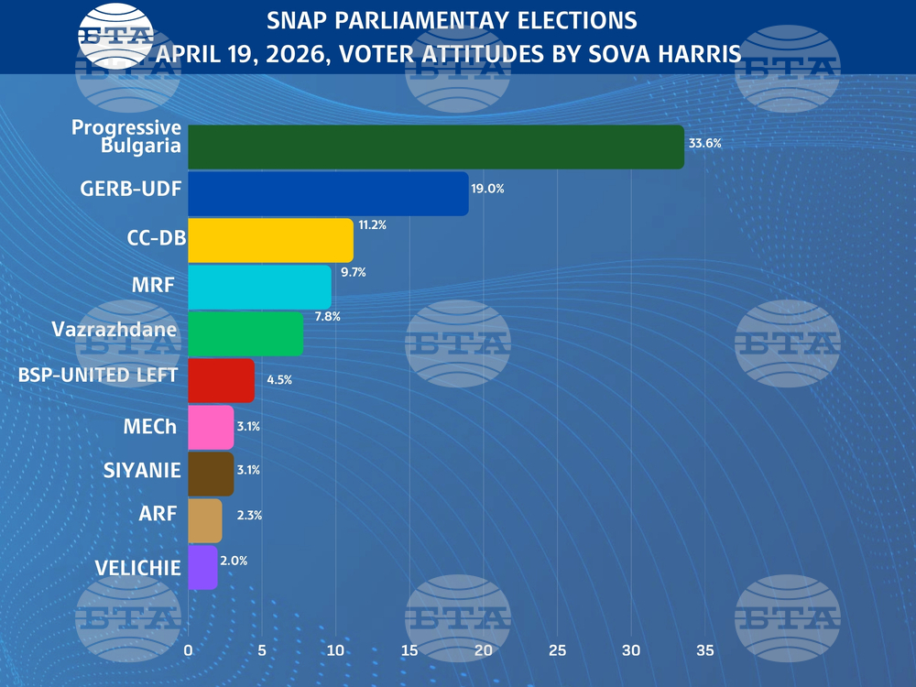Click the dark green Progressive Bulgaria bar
click(435, 147)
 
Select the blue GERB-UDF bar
click(328, 193)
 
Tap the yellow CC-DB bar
click(270, 241)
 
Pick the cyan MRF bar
click(259, 288)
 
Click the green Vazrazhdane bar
click(245, 334)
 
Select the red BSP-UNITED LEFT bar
click(221, 381)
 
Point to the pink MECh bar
click(211, 428)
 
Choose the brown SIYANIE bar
click(211, 474)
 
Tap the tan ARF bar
click(205, 521)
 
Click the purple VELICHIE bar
click(202, 568)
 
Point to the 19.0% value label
click(487, 189)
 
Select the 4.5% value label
click(279, 379)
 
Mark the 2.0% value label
click(234, 560)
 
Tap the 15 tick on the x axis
click(409, 650)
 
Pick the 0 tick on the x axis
click(189, 650)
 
